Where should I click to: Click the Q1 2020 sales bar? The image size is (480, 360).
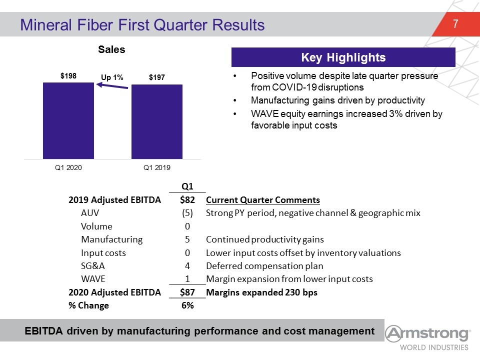coord(68,120)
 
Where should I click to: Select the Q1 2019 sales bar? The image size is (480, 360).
coord(156,121)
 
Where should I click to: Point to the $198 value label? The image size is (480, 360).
coord(68,76)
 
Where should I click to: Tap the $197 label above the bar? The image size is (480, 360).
coord(156,77)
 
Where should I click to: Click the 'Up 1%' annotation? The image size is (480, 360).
coord(112,77)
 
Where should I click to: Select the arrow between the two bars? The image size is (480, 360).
coord(112,85)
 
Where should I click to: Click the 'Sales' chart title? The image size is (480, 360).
coord(111,49)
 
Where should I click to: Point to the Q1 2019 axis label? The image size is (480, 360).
coord(156,167)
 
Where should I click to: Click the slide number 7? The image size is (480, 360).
coord(455,24)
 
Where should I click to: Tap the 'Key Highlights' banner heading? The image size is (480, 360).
coord(343,57)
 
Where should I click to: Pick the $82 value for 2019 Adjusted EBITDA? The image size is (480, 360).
coord(187,200)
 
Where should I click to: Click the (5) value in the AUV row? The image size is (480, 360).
coord(187,213)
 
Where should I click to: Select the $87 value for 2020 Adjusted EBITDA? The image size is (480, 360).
coord(187,292)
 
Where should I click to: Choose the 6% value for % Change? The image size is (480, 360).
coord(187,305)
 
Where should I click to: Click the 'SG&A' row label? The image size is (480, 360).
coord(93,265)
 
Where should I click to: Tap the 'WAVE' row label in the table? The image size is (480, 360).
coord(93,279)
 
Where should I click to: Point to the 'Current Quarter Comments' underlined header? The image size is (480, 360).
coord(263,200)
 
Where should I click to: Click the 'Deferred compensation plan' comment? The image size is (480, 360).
coord(264,266)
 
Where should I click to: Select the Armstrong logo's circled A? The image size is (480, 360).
coord(393,333)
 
